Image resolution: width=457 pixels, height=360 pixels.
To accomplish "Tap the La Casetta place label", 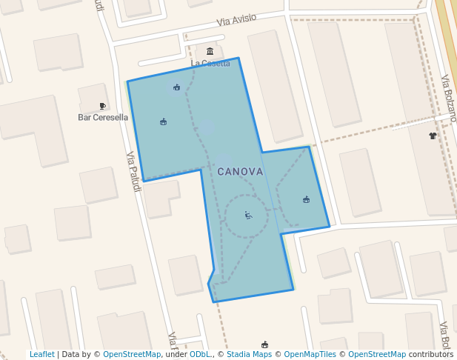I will click(x=210, y=64).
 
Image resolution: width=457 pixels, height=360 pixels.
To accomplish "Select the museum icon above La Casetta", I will click(x=210, y=51).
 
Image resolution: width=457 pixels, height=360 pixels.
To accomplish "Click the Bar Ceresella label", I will click(x=103, y=117).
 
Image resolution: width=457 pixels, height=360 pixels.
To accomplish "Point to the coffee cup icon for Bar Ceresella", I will click(x=102, y=107).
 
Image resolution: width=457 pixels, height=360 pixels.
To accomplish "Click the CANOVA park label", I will click(x=240, y=171).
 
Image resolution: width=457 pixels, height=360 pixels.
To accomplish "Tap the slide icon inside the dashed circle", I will click(x=248, y=216).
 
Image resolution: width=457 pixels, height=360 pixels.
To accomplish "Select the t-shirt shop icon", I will click(x=433, y=136).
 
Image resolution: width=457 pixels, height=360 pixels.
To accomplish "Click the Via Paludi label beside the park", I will click(x=134, y=172).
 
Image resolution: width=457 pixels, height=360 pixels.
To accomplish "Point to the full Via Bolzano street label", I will click(x=449, y=98).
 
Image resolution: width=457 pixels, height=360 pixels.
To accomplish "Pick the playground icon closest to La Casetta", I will click(x=176, y=87).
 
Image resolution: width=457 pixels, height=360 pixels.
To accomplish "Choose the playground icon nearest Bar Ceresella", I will click(x=163, y=121).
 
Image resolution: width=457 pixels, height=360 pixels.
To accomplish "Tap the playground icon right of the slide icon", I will click(x=306, y=199).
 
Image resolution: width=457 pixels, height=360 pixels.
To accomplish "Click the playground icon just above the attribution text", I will click(x=264, y=344).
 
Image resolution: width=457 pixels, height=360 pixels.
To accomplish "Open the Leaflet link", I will click(x=41, y=354).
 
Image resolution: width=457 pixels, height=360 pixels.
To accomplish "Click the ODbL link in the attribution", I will click(x=199, y=354).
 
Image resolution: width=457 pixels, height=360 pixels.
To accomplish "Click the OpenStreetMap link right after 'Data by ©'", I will click(x=132, y=354).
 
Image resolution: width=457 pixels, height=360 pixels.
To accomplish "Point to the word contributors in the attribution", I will click(x=431, y=354).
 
